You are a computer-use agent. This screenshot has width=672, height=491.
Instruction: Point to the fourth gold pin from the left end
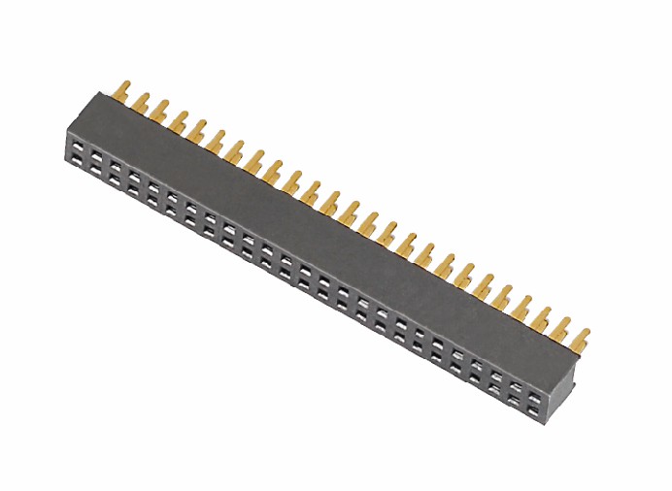tap(180, 119)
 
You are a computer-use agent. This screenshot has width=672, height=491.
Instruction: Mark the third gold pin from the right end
tap(542, 317)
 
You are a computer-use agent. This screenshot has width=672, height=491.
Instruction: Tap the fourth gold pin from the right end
tap(522, 308)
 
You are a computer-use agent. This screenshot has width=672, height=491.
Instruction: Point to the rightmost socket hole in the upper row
tap(533, 381)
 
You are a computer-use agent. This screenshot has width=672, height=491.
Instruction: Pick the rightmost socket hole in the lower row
tap(533, 396)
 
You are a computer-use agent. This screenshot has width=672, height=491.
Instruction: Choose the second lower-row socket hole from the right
tap(515, 386)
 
